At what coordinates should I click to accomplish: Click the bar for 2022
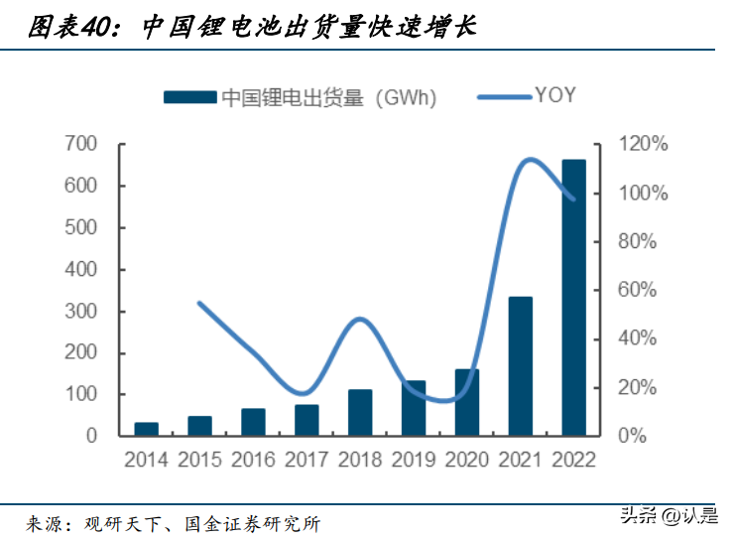coord(573,298)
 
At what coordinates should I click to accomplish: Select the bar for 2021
coord(521,366)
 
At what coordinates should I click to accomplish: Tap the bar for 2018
coord(360,412)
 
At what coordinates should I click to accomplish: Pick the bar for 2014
coord(146,429)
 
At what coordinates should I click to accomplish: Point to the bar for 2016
coord(253,422)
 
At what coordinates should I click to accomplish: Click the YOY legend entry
coord(527,96)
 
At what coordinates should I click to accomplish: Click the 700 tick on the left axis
coord(82,145)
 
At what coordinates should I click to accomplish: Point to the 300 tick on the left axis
coord(82,312)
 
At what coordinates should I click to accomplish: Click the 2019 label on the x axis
coord(414,461)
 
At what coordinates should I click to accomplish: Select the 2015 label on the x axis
coord(199,461)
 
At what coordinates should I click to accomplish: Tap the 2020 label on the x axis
coord(467,461)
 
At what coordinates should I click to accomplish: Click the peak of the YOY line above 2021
coord(530,159)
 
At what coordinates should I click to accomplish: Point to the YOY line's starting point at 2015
coord(199,303)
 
